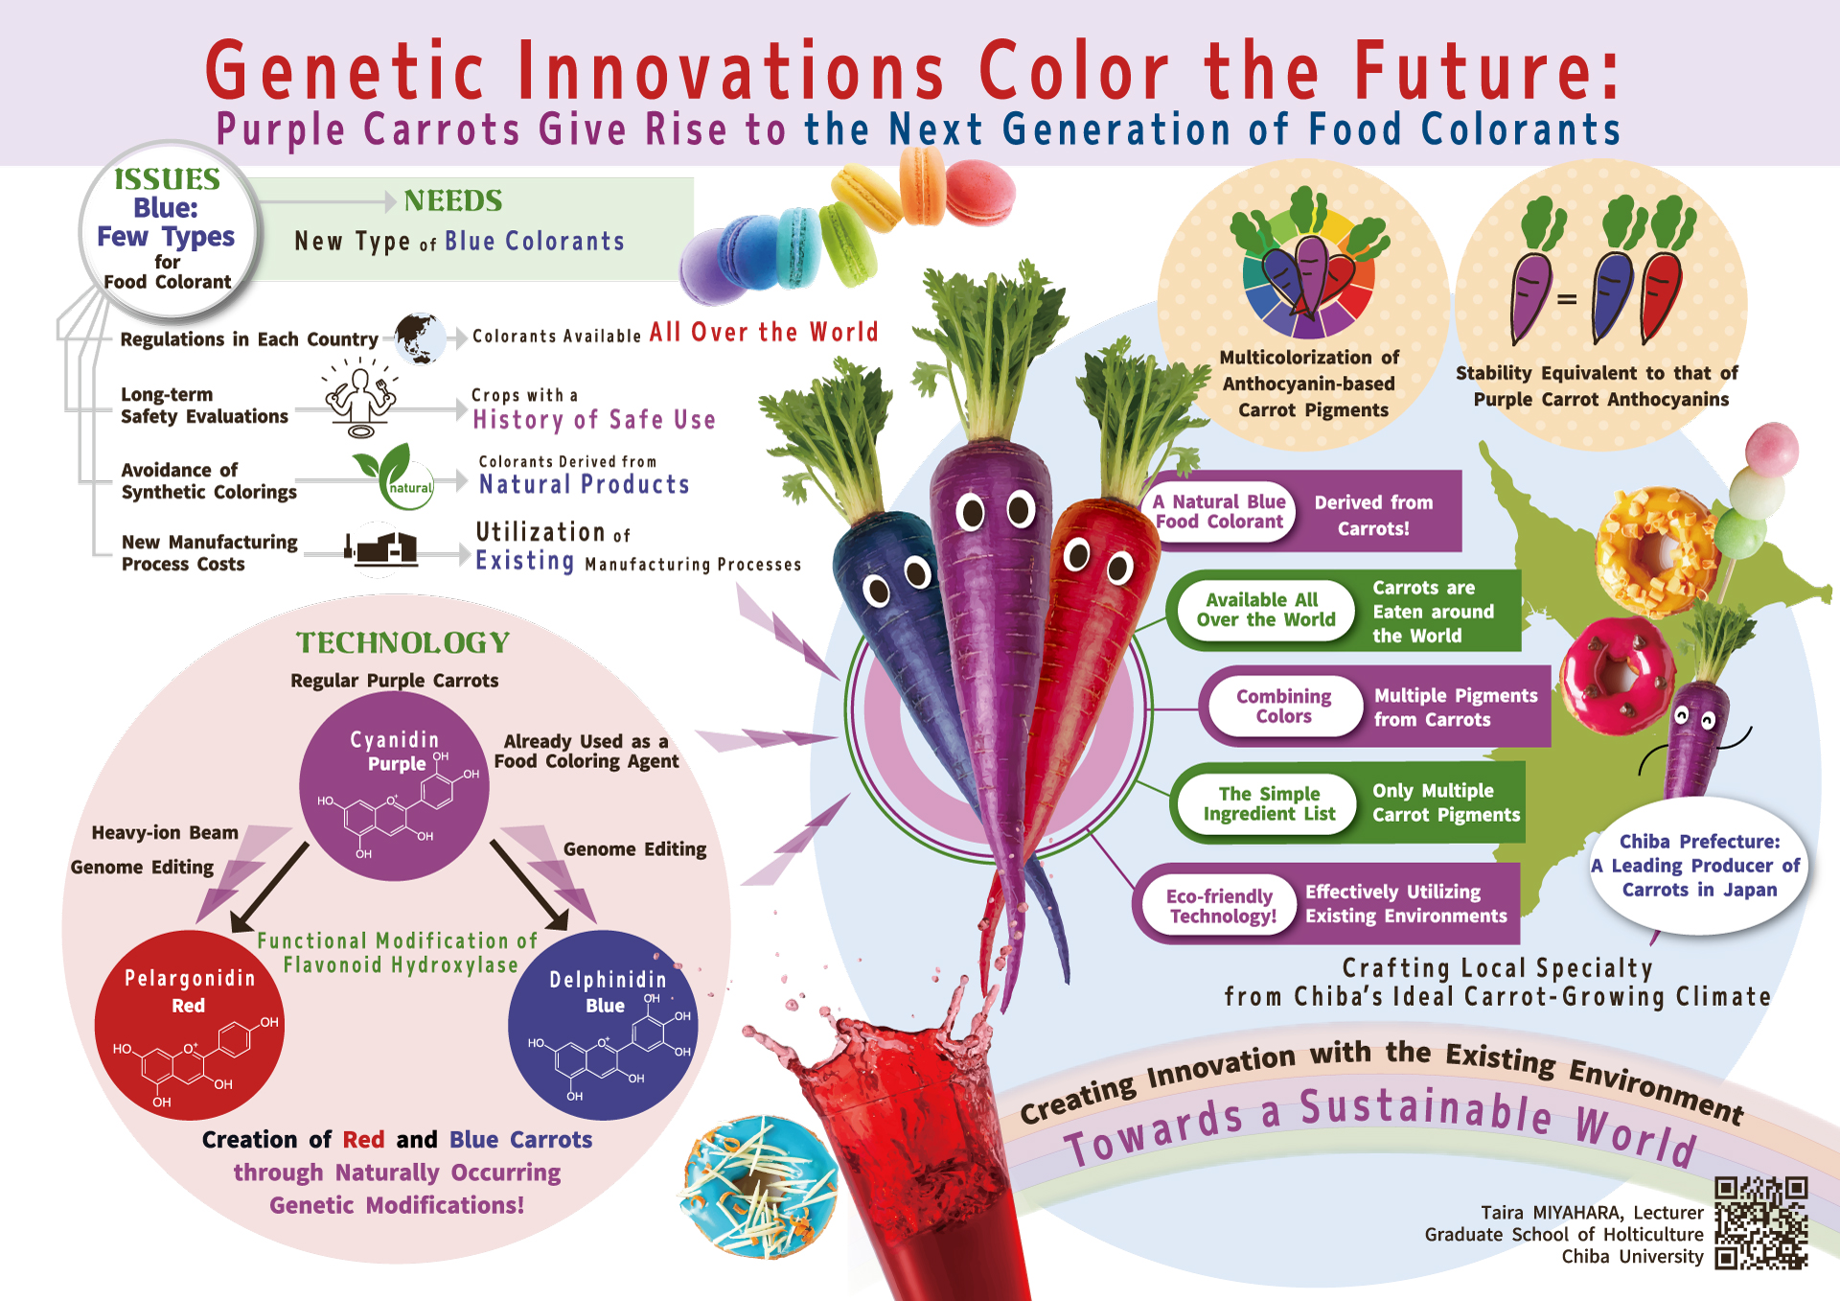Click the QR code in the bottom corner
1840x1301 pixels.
pyautogui.click(x=1760, y=1223)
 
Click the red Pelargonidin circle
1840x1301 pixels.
pyautogui.click(x=190, y=1025)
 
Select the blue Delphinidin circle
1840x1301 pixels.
pyautogui.click(x=603, y=1025)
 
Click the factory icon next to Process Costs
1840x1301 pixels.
pyautogui.click(x=381, y=546)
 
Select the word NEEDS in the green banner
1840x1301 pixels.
pyautogui.click(x=453, y=200)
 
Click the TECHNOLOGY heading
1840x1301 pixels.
pyautogui.click(x=402, y=642)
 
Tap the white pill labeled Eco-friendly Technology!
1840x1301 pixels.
pyautogui.click(x=1221, y=905)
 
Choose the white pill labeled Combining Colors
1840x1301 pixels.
pyautogui.click(x=1284, y=706)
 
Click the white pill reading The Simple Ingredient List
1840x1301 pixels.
pyautogui.click(x=1269, y=803)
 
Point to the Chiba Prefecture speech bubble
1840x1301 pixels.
pyautogui.click(x=1699, y=866)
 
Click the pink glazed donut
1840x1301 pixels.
pyautogui.click(x=1617, y=675)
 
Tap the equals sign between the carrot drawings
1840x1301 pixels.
pyautogui.click(x=1567, y=299)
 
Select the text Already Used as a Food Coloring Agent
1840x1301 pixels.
pyautogui.click(x=586, y=752)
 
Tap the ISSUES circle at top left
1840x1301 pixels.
pyautogui.click(x=169, y=229)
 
